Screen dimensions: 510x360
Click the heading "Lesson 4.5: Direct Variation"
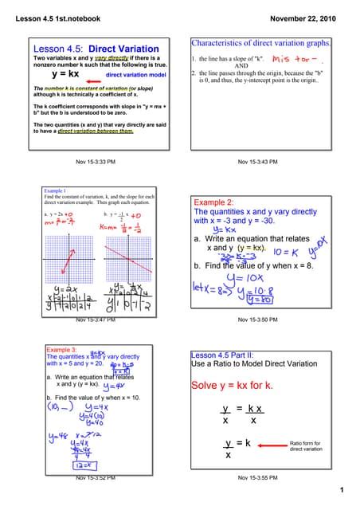click(x=96, y=49)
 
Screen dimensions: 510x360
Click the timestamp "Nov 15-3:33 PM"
click(x=96, y=162)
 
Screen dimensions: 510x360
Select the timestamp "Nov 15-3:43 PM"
click(x=257, y=162)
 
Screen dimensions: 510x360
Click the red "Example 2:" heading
click(x=213, y=202)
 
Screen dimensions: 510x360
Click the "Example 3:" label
click(x=61, y=349)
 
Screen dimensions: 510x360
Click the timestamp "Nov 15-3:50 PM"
click(x=257, y=320)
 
